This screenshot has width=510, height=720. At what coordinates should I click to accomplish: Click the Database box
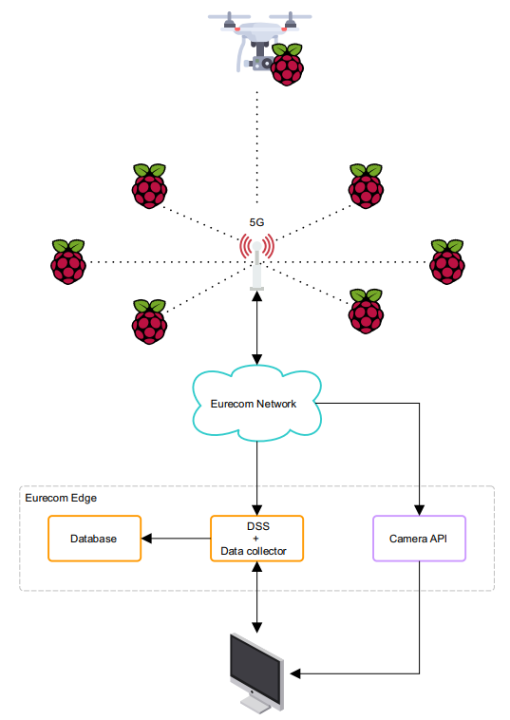point(94,539)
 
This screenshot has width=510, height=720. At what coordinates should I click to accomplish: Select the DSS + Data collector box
point(256,539)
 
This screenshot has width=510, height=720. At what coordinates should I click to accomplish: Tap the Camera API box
point(419,539)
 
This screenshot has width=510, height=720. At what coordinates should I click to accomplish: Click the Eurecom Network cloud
point(256,403)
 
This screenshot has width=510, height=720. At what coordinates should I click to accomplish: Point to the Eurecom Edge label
point(61,498)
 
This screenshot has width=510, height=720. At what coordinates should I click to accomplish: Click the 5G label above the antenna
point(256,222)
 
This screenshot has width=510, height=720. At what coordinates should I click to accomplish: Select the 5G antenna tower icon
point(256,262)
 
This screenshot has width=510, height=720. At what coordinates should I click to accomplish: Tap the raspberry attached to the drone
point(287,65)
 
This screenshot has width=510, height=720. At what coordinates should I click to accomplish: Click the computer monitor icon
point(256,673)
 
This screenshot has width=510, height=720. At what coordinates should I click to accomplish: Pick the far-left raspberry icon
point(68,262)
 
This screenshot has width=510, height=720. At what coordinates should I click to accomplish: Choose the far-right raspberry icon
point(447,262)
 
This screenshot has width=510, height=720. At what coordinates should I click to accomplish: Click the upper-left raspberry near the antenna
point(150,186)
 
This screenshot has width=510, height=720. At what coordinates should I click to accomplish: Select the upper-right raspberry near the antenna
point(366,186)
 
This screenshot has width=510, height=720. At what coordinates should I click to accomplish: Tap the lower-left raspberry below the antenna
point(150,321)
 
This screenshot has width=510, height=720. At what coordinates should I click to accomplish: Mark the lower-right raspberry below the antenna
point(366,311)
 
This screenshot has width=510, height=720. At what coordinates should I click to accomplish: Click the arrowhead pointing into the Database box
point(146,539)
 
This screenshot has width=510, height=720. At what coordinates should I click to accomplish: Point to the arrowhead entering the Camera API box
point(419,510)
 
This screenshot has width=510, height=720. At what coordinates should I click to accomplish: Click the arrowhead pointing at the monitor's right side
point(295,673)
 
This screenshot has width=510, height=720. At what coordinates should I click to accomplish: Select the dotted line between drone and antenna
point(257,147)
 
